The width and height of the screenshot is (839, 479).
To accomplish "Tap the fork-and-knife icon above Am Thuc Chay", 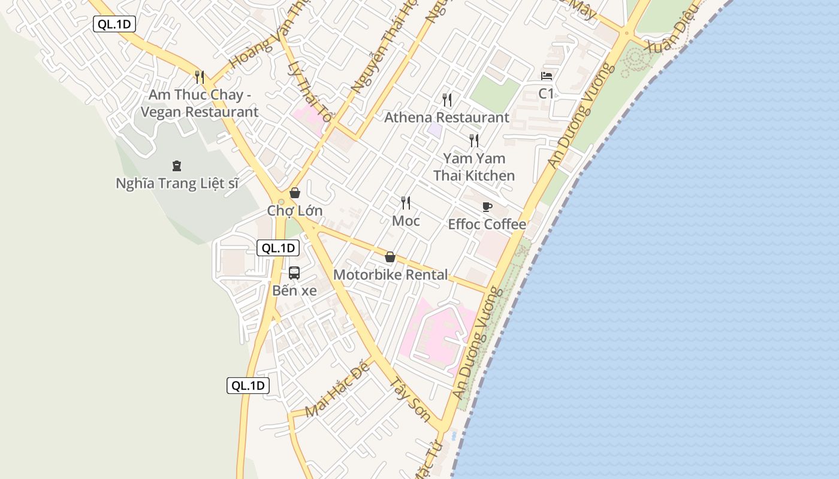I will (x=200, y=77).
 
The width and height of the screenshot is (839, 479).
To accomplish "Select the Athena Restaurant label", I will (x=446, y=117).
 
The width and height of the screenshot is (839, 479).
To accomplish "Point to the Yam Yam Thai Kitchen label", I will (x=474, y=167).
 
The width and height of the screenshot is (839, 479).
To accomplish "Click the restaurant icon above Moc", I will (x=406, y=203).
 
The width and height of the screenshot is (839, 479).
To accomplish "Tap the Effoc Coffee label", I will (x=487, y=225).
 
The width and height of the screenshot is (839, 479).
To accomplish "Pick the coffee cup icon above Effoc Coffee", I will (x=487, y=207).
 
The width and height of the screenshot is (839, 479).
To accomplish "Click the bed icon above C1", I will (x=547, y=76).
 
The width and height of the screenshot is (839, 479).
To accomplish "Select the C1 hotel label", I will (x=547, y=93).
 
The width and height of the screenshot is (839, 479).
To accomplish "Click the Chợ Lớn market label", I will (x=295, y=211).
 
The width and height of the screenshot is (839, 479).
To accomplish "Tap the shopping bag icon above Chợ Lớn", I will (x=295, y=193).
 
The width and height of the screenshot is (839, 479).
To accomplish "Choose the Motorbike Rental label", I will (x=390, y=275).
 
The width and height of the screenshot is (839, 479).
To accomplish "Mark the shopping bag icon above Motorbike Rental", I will (x=390, y=257).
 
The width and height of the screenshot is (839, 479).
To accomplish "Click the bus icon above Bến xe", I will (x=294, y=273).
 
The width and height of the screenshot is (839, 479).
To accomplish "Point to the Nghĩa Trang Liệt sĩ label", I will (x=177, y=183).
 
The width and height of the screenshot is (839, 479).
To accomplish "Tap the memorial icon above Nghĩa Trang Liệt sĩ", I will (x=177, y=165).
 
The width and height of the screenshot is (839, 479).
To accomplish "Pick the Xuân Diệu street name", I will (x=672, y=27).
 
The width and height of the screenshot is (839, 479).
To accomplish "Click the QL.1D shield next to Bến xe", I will (x=278, y=248).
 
